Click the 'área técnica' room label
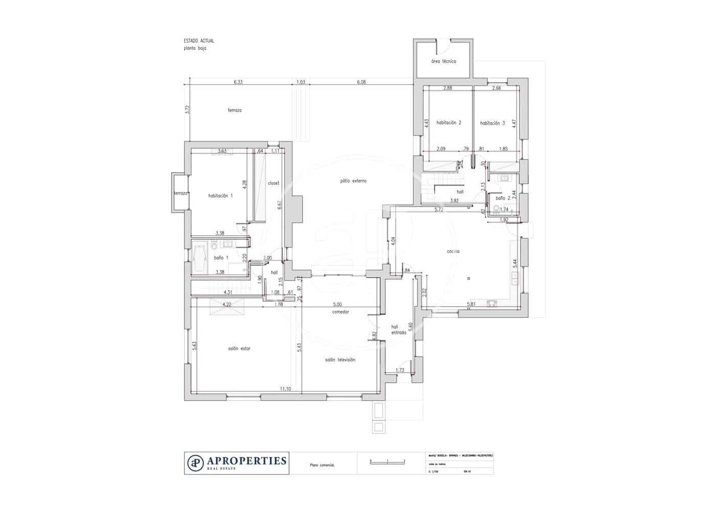click(x=443, y=61)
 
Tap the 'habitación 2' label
click(x=449, y=123)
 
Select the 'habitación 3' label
click(x=493, y=123)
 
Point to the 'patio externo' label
click(x=353, y=181)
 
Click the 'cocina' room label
click(x=453, y=251)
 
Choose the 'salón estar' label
click(x=239, y=349)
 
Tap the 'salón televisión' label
click(x=340, y=360)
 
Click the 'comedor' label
click(x=340, y=312)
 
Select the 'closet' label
click(x=274, y=183)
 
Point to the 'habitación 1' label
click(x=220, y=196)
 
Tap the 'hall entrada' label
click(x=398, y=330)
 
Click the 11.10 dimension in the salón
click(x=285, y=389)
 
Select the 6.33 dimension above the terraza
click(x=238, y=82)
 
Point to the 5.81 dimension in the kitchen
click(x=472, y=305)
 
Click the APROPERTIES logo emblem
click(x=195, y=463)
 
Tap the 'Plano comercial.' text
click(x=322, y=466)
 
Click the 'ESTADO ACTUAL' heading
click(x=199, y=40)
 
